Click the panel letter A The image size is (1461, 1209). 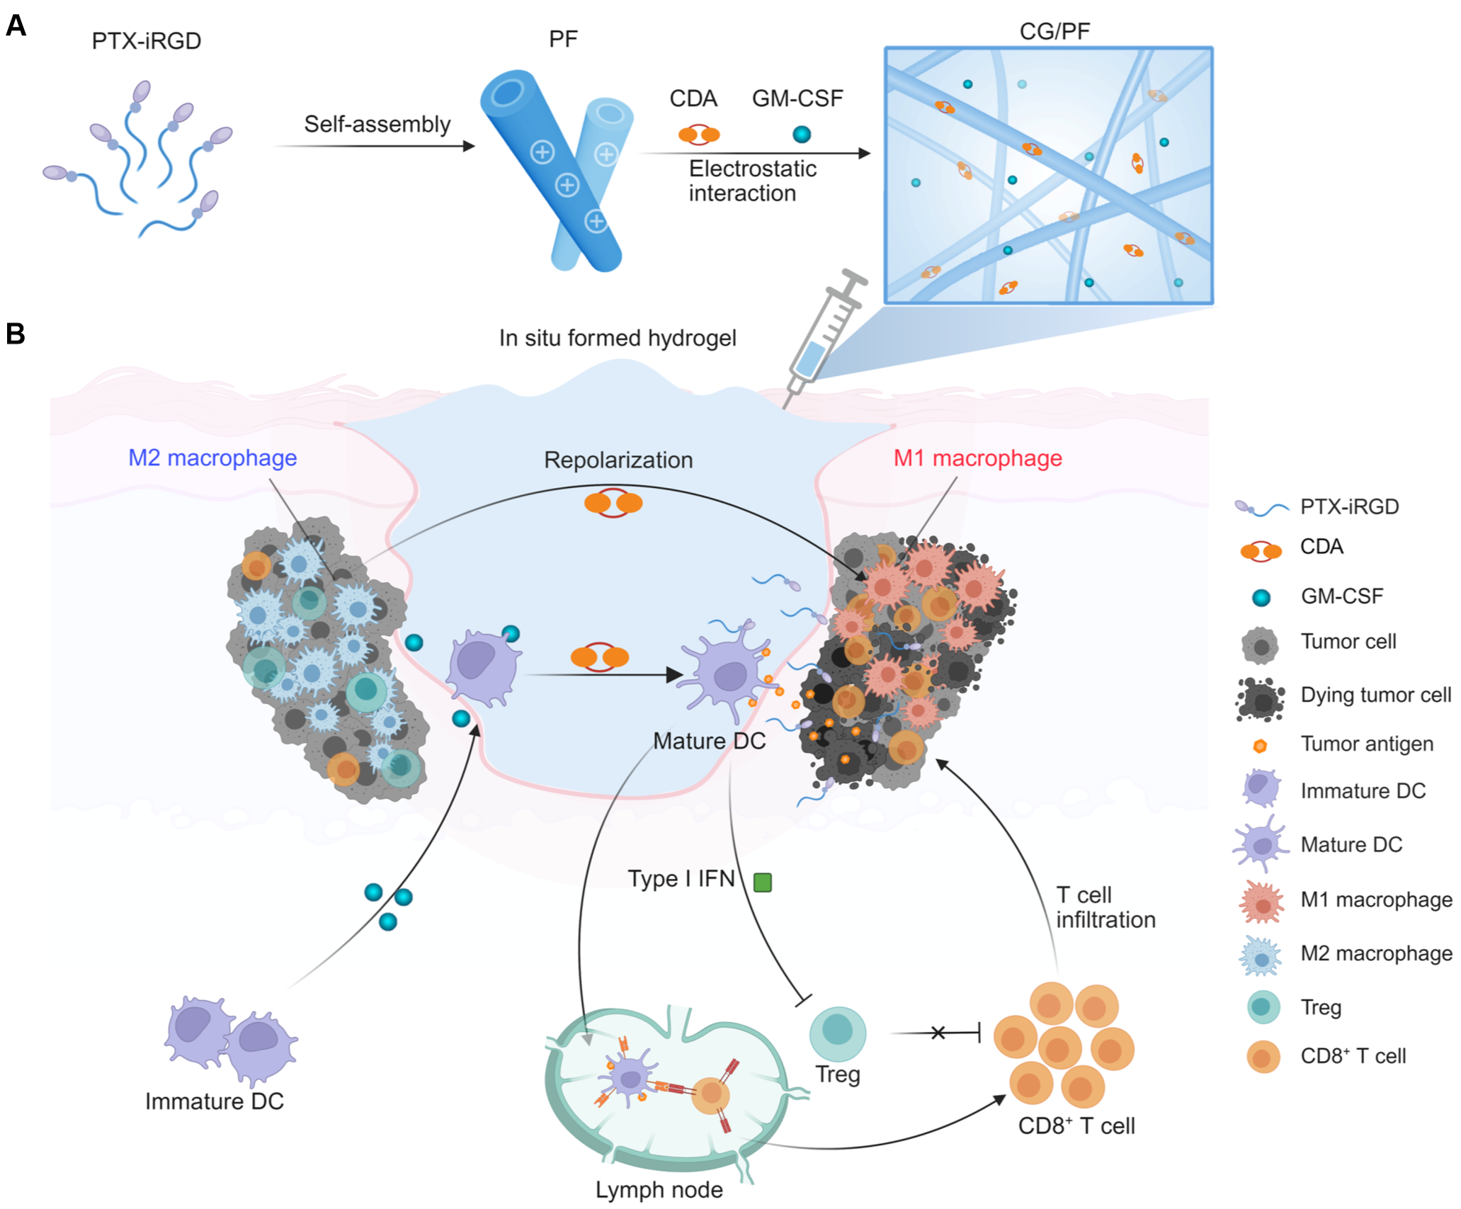(16, 26)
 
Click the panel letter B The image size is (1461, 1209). (16, 334)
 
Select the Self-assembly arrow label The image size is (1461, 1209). (377, 125)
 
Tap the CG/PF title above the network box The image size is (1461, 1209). (1054, 31)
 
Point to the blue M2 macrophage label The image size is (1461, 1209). (212, 458)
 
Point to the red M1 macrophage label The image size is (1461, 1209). (977, 458)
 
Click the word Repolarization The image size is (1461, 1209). (618, 460)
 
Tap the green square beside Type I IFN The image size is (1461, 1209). (763, 882)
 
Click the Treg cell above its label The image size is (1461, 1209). (837, 1034)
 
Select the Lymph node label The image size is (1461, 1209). (659, 1190)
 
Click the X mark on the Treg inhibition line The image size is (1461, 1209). (938, 1033)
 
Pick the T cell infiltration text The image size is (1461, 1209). (1105, 907)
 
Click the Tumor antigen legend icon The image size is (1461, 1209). (1260, 746)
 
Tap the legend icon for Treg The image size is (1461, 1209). (1263, 1007)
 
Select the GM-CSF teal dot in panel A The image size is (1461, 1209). (802, 135)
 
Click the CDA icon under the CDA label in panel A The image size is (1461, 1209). (698, 135)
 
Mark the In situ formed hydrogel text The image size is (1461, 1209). (618, 339)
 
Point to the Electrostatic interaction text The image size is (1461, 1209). (752, 181)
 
